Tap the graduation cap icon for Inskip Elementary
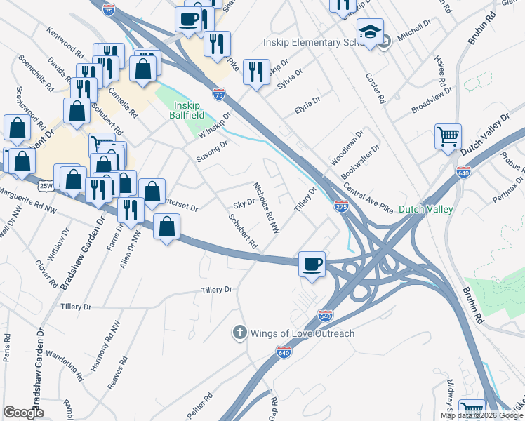(370, 32)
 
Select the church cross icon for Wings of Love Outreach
(239, 333)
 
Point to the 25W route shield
(46, 186)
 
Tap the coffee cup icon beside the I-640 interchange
(312, 264)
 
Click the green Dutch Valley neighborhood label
(425, 209)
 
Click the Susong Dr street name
(212, 152)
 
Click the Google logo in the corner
(23, 413)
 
